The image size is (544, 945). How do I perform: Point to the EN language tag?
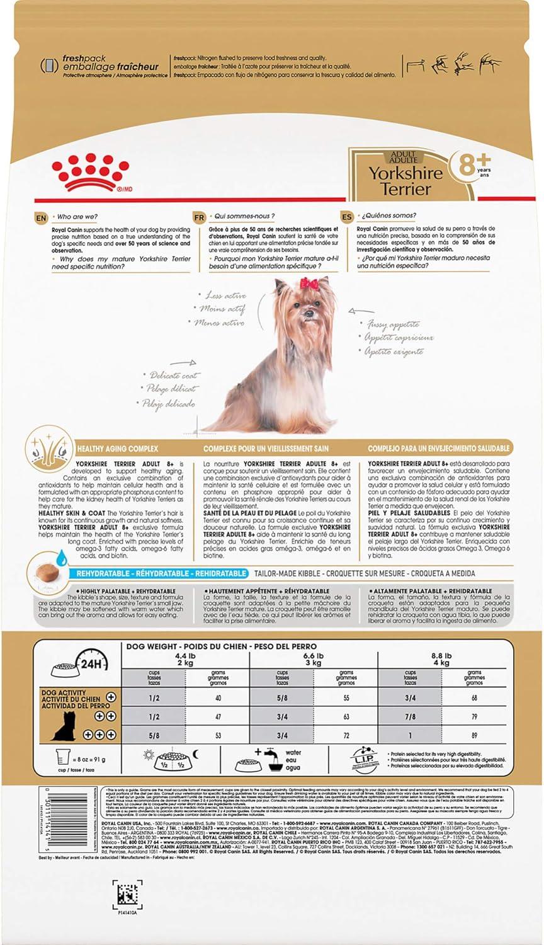(41, 218)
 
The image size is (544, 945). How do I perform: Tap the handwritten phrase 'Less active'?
(225, 295)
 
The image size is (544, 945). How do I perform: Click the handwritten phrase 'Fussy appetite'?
(394, 325)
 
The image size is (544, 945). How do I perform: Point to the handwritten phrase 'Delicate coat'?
(171, 375)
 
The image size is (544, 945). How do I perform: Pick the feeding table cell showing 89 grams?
(473, 735)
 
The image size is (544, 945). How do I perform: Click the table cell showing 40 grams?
(218, 698)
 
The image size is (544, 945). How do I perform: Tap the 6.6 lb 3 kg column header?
(313, 659)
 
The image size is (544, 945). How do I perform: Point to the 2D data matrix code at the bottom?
(128, 895)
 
